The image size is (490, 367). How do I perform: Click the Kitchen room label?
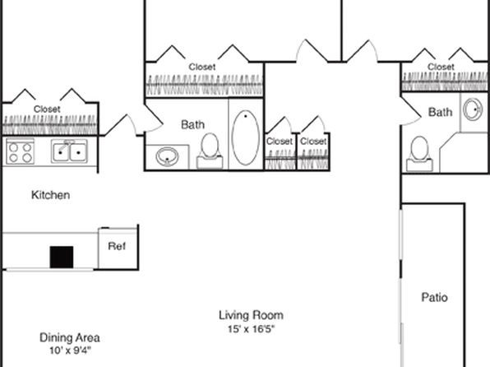tap(51, 195)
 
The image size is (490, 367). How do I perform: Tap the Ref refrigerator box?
tap(118, 249)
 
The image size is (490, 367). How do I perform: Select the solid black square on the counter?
tap(62, 258)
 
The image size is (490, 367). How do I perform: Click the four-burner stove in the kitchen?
tap(21, 152)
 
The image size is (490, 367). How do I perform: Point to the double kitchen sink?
tap(69, 151)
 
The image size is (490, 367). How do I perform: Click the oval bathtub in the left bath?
tap(246, 137)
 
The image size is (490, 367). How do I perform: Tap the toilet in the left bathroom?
tap(210, 151)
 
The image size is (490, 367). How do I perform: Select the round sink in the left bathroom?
tap(167, 156)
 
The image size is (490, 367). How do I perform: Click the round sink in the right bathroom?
tap(473, 109)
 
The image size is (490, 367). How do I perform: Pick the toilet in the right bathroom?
tap(419, 154)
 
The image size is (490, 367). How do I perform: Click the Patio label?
tap(434, 297)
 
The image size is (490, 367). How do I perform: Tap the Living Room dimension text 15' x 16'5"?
tap(252, 329)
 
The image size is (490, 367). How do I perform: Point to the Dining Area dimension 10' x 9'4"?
tap(70, 351)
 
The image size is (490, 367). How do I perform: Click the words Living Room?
tap(252, 315)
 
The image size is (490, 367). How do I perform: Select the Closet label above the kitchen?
tap(47, 109)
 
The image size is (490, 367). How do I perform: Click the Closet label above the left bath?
tap(202, 67)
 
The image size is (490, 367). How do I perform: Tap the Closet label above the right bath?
tap(441, 67)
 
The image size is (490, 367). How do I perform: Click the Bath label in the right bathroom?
tap(441, 112)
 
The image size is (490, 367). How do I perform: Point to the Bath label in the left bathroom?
tap(193, 124)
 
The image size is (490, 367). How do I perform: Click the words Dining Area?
tap(70, 337)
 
